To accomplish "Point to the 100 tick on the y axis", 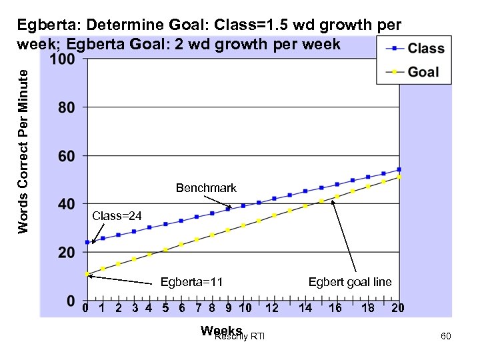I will [x=61, y=59].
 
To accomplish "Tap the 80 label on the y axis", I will [x=65, y=107].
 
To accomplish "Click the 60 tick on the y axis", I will [x=65, y=157].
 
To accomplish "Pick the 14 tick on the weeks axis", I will [x=305, y=308].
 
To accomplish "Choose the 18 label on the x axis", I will [x=367, y=308].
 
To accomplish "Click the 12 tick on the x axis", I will [x=271, y=308].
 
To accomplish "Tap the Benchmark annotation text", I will [x=206, y=188].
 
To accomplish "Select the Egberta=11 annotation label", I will [x=191, y=282].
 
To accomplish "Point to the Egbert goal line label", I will [x=350, y=282].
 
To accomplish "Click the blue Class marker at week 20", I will [x=399, y=169].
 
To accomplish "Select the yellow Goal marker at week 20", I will [x=399, y=177].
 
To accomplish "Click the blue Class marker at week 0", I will [x=87, y=242].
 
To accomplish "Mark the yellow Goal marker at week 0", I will [x=87, y=274].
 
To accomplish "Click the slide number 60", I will [x=445, y=337].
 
